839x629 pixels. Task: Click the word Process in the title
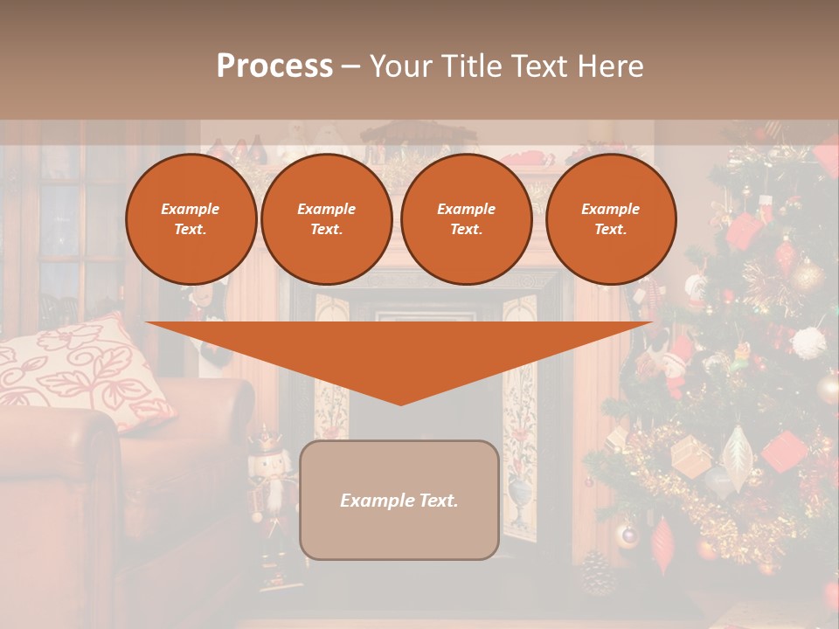pos(274,66)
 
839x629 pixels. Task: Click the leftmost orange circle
pos(191,219)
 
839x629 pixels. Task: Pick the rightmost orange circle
pos(611,219)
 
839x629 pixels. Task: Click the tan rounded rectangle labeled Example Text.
pos(399,500)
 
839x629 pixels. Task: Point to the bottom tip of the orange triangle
pos(401,404)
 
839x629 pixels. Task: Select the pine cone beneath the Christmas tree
pos(599,572)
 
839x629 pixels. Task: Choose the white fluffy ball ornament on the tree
pos(809,342)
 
